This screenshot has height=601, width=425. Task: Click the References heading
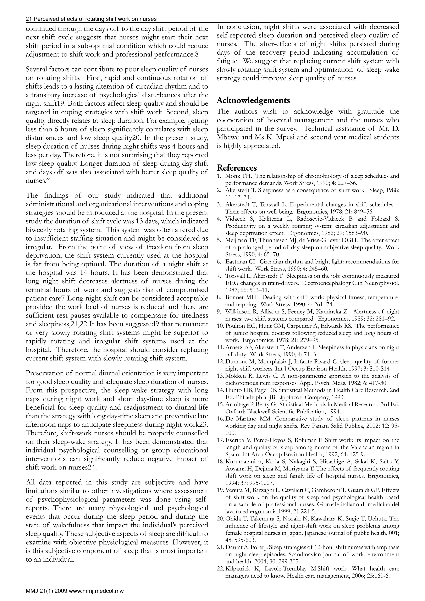tap(237, 168)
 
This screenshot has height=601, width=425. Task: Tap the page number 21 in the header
tap(29, 19)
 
